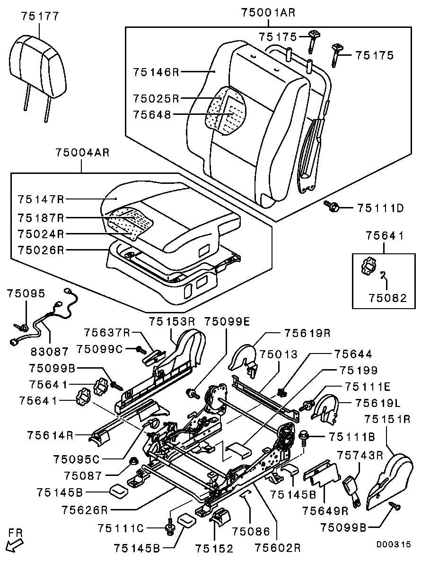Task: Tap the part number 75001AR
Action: tap(268, 13)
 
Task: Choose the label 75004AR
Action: tap(82, 153)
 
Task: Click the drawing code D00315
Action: tap(394, 544)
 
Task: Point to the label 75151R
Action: tap(386, 419)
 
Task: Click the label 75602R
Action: tap(278, 548)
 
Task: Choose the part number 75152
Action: tap(214, 548)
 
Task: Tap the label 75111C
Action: tap(121, 526)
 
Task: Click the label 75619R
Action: tap(307, 333)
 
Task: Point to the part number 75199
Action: tap(359, 371)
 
